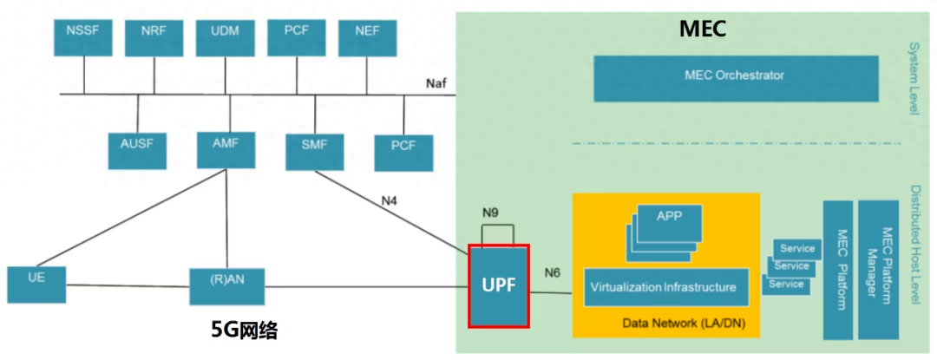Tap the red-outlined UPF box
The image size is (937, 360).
point(498,285)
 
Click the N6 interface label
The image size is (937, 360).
point(553,272)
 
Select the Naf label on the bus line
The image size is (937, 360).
point(437,82)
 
